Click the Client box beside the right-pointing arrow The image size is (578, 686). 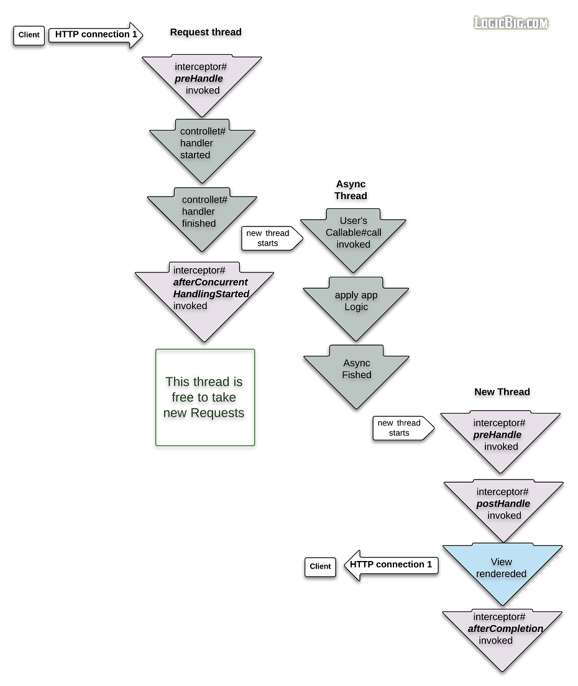click(x=29, y=35)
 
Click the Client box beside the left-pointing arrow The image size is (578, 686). click(x=320, y=567)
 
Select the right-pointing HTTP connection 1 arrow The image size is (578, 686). click(x=96, y=35)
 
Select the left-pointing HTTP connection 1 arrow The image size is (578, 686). click(x=391, y=565)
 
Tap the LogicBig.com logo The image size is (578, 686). click(x=511, y=24)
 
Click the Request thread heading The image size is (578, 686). click(x=206, y=32)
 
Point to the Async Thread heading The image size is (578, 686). click(x=351, y=190)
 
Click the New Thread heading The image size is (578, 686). click(x=502, y=392)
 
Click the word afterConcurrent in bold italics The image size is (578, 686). click(x=210, y=282)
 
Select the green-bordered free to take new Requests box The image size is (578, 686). click(x=204, y=397)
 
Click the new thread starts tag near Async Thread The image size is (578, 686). click(x=269, y=238)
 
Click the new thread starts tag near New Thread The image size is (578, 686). click(x=400, y=428)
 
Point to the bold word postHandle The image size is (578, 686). click(x=503, y=503)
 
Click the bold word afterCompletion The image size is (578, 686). click(x=505, y=629)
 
